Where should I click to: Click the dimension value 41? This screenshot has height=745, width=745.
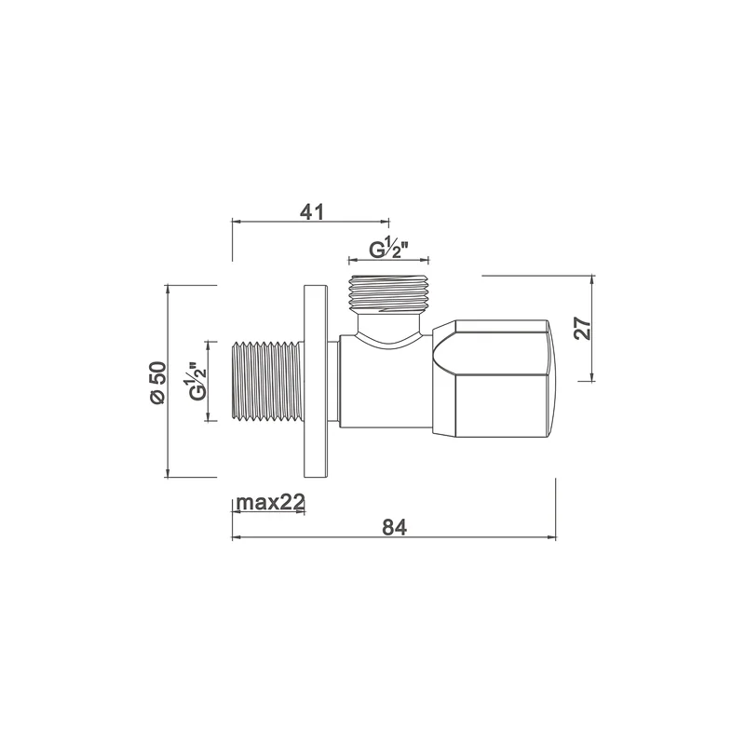[x=312, y=212]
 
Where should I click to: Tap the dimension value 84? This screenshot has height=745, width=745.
[x=395, y=527]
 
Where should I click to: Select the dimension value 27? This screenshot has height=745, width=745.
[x=583, y=328]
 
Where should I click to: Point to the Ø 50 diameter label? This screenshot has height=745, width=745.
[x=157, y=383]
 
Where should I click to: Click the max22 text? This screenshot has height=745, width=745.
[x=270, y=502]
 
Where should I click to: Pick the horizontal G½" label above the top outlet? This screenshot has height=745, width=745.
[x=389, y=249]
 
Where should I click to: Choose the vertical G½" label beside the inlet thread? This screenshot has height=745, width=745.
[x=197, y=381]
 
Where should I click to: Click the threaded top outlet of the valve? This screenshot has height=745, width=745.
[x=388, y=293]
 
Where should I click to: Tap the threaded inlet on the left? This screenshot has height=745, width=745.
[x=267, y=381]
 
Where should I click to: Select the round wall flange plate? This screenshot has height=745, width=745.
[x=316, y=381]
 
